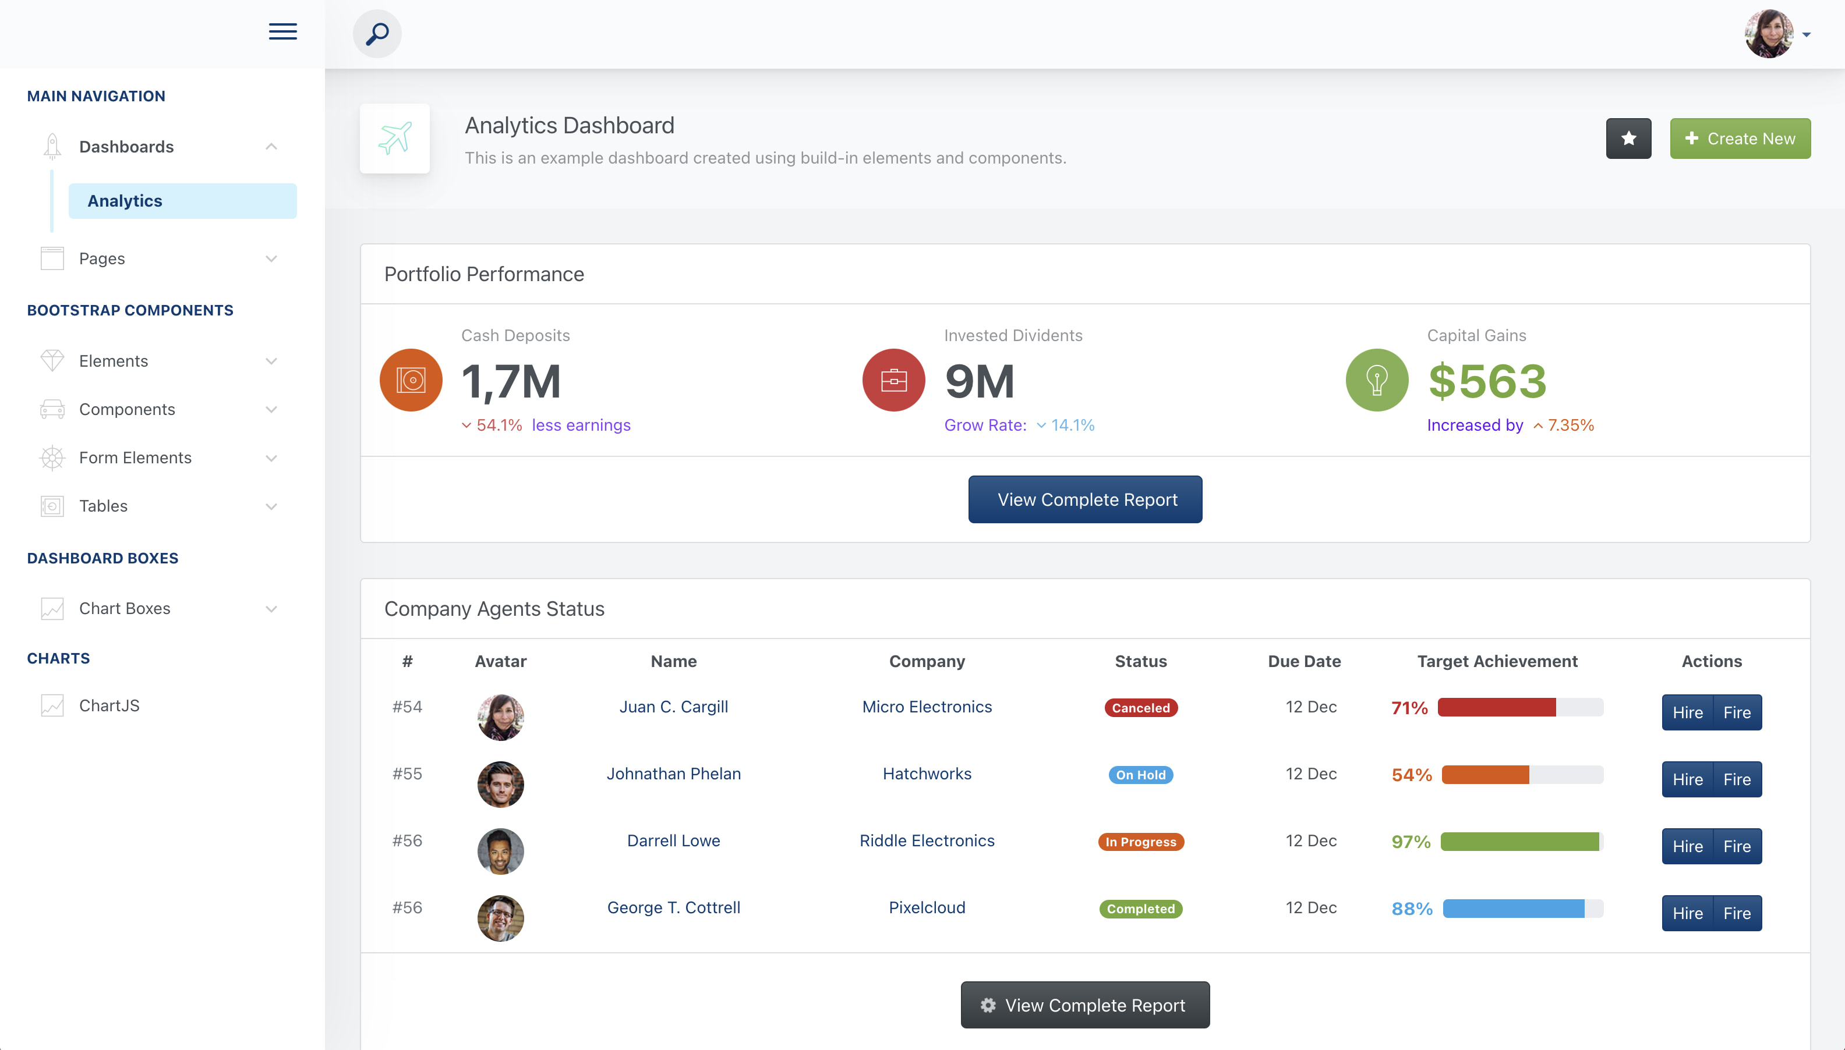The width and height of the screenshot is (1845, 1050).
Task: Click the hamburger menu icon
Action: click(283, 32)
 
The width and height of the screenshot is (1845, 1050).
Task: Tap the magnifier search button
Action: click(377, 34)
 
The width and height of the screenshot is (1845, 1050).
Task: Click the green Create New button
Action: click(1739, 139)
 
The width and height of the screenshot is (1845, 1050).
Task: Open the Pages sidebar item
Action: click(102, 258)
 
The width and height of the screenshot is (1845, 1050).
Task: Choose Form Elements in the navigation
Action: click(135, 458)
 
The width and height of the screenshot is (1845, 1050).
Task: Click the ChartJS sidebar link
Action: click(109, 705)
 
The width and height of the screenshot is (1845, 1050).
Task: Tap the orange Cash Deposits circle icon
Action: click(411, 380)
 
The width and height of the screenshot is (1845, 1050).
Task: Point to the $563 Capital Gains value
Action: click(1487, 381)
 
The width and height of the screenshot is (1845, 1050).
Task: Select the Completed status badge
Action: click(1140, 909)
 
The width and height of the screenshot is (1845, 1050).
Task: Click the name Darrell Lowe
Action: click(673, 841)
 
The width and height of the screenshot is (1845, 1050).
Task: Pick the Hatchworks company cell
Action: click(927, 774)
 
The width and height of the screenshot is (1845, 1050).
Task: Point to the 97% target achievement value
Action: click(1411, 842)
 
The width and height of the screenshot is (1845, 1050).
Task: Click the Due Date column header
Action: click(1304, 661)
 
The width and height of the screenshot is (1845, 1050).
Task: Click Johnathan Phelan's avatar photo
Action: click(500, 785)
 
